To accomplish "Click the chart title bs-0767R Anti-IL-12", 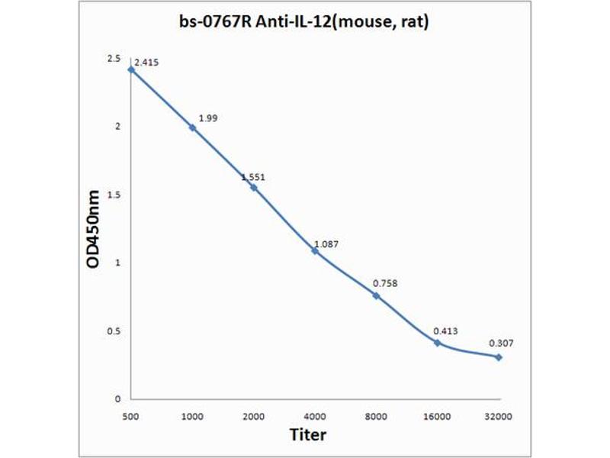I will (302, 23).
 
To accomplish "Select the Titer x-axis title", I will (309, 434).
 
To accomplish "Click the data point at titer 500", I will (131, 69).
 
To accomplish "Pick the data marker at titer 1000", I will (192, 127).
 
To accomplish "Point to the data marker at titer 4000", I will (315, 250).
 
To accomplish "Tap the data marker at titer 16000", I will (438, 343).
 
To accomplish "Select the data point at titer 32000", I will (499, 356).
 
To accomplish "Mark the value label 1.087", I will (326, 244).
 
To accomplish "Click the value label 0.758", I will (385, 284).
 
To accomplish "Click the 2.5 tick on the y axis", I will (114, 59).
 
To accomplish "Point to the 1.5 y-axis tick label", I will (114, 195).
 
